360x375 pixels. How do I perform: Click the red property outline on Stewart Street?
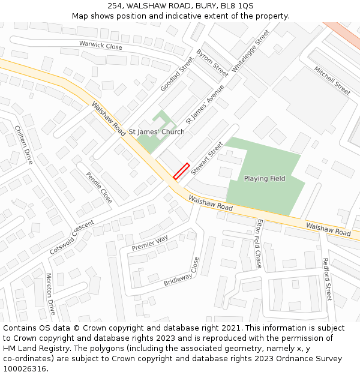181,171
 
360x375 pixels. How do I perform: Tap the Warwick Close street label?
100,44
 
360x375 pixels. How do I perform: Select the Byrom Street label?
212,62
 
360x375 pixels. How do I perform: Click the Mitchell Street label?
332,80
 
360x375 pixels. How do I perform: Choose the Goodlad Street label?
177,74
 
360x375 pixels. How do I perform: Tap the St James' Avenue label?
205,104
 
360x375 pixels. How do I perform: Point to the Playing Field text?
265,178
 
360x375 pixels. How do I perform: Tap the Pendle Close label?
99,187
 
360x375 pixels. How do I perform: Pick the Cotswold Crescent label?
72,236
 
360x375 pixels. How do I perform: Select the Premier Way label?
150,243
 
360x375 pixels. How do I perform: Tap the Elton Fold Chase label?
259,244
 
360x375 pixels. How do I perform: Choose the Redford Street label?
327,280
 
